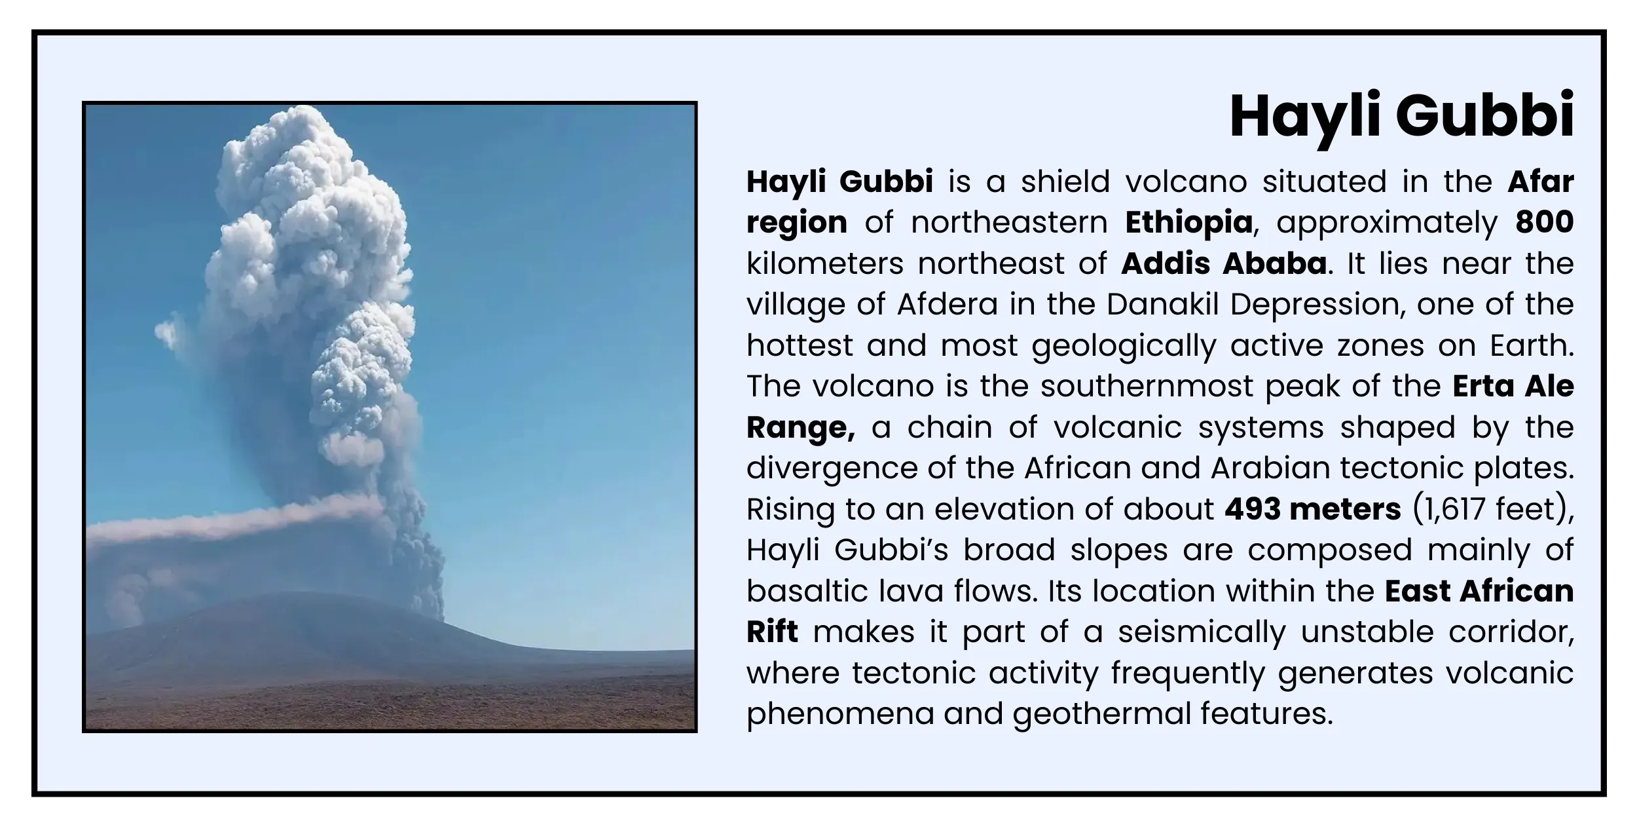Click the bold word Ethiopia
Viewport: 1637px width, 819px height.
pyautogui.click(x=1188, y=223)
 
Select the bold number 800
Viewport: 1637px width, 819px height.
pyautogui.click(x=1544, y=223)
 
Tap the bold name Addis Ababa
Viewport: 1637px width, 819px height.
pyautogui.click(x=1224, y=264)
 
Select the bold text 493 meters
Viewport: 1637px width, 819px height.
pyautogui.click(x=1312, y=510)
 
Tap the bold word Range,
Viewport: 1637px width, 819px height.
pyautogui.click(x=800, y=428)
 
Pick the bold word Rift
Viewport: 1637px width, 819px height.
pyautogui.click(x=772, y=632)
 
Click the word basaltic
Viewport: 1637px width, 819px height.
pyautogui.click(x=805, y=592)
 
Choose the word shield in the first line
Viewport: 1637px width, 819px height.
pyautogui.click(x=1065, y=182)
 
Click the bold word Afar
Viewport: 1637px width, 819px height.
pyautogui.click(x=1540, y=182)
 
